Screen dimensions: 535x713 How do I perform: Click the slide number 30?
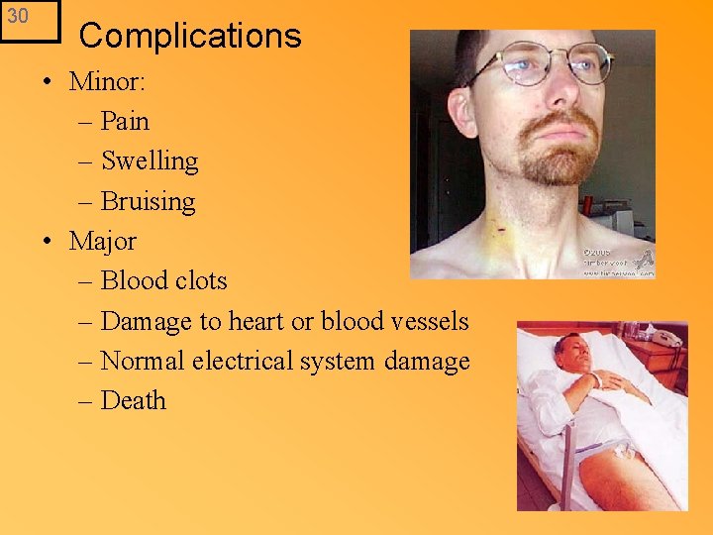[x=19, y=17]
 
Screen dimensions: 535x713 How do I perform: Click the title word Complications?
[x=189, y=36]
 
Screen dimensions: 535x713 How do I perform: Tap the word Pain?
[x=125, y=122]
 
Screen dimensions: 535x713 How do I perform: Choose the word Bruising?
[x=148, y=202]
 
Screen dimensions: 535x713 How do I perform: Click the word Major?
[x=103, y=241]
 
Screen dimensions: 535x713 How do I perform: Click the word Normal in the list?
[x=143, y=362]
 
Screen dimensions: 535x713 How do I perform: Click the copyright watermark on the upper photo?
[x=617, y=260]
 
